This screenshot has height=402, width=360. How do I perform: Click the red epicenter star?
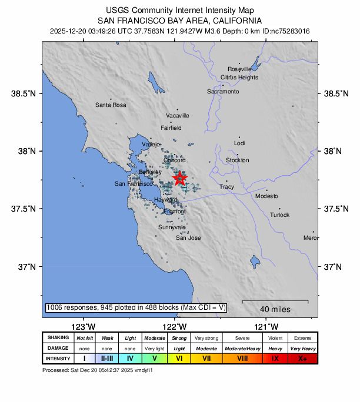click(x=179, y=178)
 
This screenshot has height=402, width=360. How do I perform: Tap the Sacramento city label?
click(x=223, y=92)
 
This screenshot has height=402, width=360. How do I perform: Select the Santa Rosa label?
click(x=111, y=105)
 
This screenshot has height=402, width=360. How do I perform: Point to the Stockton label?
click(x=238, y=160)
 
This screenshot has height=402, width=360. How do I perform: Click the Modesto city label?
click(x=266, y=196)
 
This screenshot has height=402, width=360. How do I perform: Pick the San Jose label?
click(x=188, y=238)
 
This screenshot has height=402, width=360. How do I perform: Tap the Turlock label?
click(x=279, y=215)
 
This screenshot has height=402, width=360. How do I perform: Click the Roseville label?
click(x=239, y=69)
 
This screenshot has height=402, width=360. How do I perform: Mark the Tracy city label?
click(x=226, y=187)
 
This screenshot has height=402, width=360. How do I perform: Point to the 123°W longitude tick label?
click(x=83, y=326)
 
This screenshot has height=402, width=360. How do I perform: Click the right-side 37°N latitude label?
click(x=333, y=267)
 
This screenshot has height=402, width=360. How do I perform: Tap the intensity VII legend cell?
click(x=206, y=359)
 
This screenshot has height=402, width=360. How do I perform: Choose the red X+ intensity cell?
click(x=302, y=359)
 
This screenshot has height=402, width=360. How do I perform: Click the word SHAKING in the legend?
click(x=58, y=338)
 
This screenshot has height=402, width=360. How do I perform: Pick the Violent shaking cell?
click(x=275, y=338)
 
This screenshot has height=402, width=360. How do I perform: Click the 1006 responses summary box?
click(x=136, y=307)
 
